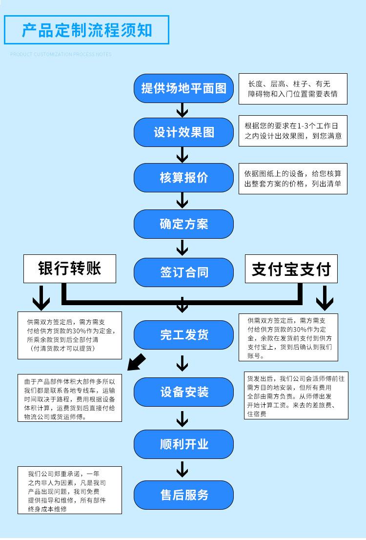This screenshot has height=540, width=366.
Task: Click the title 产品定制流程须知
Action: click(87, 30)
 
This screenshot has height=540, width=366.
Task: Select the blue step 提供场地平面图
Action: click(183, 88)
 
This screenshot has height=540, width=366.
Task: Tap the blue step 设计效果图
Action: click(183, 132)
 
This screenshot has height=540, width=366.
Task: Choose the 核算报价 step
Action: click(183, 178)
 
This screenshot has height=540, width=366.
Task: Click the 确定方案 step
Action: click(183, 224)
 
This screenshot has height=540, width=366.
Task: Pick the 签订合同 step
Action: click(183, 272)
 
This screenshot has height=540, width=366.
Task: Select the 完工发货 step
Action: click(183, 335)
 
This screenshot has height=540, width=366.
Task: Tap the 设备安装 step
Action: click(183, 392)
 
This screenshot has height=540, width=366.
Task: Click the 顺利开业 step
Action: click(183, 444)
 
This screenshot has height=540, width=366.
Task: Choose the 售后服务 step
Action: click(183, 495)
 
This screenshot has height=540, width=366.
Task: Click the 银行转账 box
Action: click(70, 269)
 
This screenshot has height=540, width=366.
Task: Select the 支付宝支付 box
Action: click(291, 269)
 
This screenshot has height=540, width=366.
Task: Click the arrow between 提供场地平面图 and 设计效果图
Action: click(182, 110)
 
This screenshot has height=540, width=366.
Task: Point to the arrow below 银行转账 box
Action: click(41, 297)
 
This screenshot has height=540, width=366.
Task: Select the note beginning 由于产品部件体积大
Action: click(70, 398)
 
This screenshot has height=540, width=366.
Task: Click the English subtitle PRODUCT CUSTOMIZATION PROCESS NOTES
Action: click(61, 54)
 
